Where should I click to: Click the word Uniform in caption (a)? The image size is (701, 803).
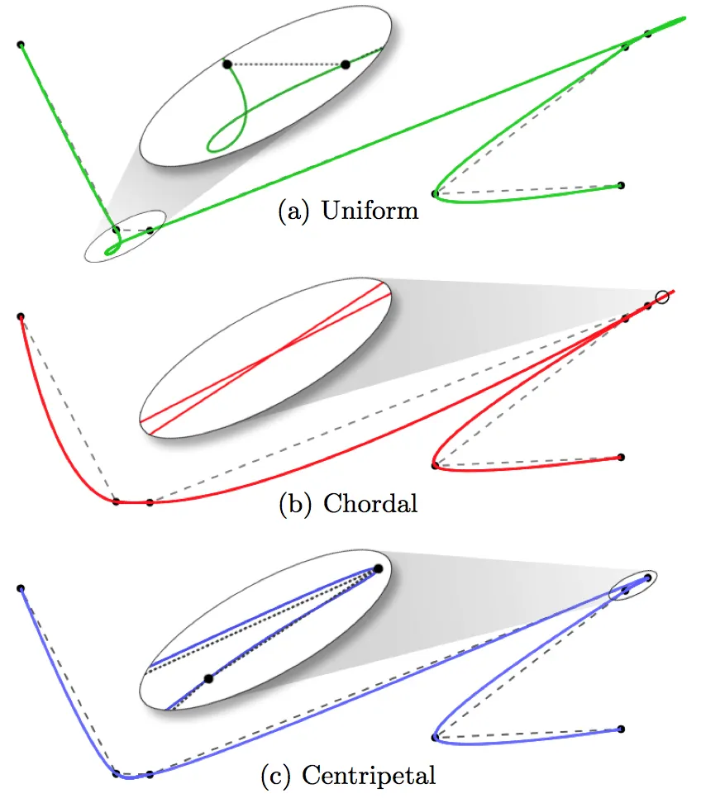(x=370, y=211)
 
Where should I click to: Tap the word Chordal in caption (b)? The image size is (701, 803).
(x=370, y=503)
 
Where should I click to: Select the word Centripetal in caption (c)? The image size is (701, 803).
(x=369, y=776)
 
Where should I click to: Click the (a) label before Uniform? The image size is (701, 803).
(x=293, y=211)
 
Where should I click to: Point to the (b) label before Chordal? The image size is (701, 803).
(x=294, y=503)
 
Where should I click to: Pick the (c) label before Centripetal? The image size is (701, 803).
(x=275, y=777)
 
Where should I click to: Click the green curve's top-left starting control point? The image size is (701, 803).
(x=21, y=45)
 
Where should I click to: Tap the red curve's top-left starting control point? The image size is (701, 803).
(x=21, y=316)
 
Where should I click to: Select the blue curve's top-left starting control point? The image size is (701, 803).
(x=21, y=588)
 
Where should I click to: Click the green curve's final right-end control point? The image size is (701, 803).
(x=621, y=185)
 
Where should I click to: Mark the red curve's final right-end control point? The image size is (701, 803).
(x=621, y=457)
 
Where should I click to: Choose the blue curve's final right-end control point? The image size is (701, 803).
(x=621, y=729)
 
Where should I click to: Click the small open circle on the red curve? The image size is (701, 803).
(x=662, y=297)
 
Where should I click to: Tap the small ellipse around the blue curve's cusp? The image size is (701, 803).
(x=633, y=586)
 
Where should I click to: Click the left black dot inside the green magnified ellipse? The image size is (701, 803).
(x=227, y=64)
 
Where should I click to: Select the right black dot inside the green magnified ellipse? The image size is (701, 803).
(x=346, y=64)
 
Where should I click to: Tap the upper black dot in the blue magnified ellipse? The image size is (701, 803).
(x=378, y=568)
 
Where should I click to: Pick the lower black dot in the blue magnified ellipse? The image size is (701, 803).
(x=208, y=679)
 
